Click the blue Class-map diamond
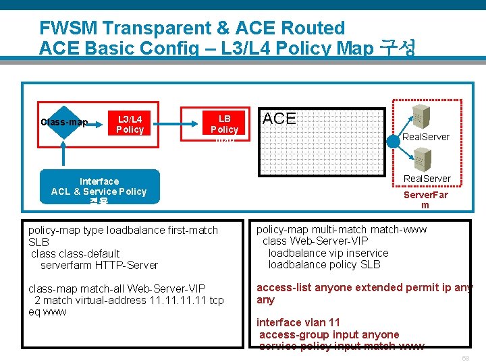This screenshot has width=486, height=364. (x=64, y=122)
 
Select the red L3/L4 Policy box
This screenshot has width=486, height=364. (x=130, y=123)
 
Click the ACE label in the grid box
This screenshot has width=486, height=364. (x=279, y=119)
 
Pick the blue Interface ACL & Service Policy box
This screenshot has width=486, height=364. (x=99, y=187)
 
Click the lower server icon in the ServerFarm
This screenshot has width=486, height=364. (x=419, y=160)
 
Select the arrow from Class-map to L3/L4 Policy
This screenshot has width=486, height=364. (x=98, y=123)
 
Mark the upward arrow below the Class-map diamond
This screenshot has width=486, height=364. (x=64, y=154)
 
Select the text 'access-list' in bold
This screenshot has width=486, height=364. (x=282, y=287)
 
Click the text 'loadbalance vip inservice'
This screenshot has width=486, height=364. (x=328, y=253)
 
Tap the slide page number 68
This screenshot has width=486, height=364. (x=465, y=358)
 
